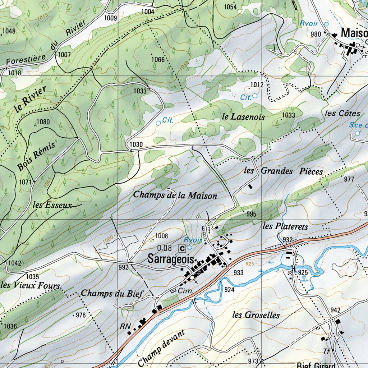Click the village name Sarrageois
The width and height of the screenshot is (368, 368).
pos(171,260)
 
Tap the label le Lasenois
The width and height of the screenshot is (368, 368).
pos(243,117)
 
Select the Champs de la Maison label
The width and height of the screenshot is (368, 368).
pos(175,195)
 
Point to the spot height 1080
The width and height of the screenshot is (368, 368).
pos(43,122)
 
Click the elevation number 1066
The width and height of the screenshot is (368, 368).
pos(158,59)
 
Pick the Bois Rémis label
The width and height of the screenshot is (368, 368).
pos(36,156)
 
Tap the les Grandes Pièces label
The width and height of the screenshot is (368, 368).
pos(283,171)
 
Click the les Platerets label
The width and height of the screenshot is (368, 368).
pos(285,226)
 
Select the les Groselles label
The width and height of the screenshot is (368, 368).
pos(256,315)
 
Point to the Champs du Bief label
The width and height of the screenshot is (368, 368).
pos(112,293)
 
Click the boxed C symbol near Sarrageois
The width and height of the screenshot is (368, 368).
pos(182,248)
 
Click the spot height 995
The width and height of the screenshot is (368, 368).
pos(251,214)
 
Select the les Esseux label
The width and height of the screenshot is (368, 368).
pos(52,205)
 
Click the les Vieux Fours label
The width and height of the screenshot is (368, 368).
pos(30,286)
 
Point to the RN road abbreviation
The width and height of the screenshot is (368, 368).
pos(125,326)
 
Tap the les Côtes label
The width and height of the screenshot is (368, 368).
pos(342,113)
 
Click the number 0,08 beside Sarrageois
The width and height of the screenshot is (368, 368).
pos(165,248)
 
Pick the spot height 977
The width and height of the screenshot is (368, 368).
pos(349,179)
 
